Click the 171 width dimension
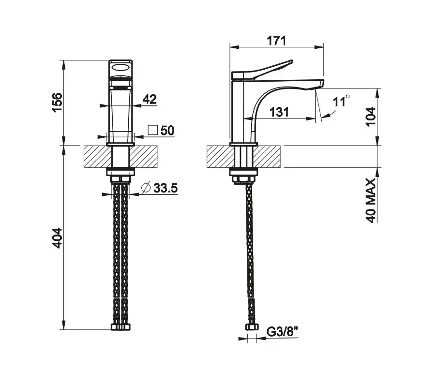coord(276,41)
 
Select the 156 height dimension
coord(57,102)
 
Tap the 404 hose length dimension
coord(57,238)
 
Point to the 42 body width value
coord(150,99)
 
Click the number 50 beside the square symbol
coord(167,131)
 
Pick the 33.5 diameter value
coord(166,188)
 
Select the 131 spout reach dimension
coord(279,112)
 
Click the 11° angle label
coord(341,101)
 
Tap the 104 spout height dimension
coord(370,117)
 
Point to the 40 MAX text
coord(371,200)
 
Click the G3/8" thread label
coord(283,332)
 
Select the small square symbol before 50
coord(152,130)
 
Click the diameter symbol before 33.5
coord(146,187)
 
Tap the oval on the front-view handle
coord(121,67)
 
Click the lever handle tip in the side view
coord(291,61)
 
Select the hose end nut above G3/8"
coord(252,327)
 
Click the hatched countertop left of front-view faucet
coord(98,157)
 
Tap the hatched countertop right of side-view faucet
coord(267,157)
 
